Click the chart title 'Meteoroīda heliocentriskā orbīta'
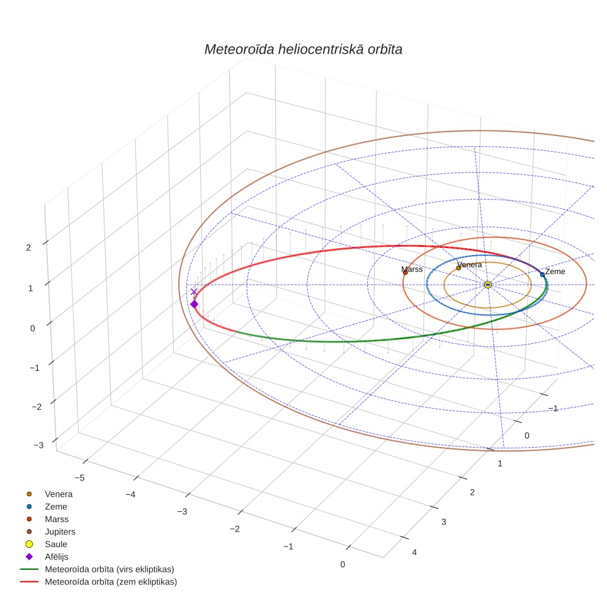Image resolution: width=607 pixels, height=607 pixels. pos(303,49)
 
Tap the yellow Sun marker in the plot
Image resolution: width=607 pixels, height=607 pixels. pos(488,285)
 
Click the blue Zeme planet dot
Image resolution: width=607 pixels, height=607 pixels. pos(542,275)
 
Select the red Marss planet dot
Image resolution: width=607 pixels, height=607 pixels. pos(406,273)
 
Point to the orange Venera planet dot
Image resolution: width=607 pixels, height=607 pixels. pos(458,268)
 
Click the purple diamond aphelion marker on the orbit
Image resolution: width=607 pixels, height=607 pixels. pos(195,304)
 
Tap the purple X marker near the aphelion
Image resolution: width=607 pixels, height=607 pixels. pos(194,292)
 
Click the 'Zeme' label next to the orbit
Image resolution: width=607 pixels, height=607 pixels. pos(555,271)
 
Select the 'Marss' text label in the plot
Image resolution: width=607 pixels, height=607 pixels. pos(412,269)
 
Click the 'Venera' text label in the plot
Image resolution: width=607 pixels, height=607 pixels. pos(470,264)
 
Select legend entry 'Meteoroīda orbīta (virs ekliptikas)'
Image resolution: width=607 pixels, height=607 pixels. pos(97,569)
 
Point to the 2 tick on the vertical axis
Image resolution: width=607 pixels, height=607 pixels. pos(28,247)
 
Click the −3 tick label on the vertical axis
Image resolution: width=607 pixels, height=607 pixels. pos(38,445)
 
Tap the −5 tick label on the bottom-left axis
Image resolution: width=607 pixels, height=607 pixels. pos(80,478)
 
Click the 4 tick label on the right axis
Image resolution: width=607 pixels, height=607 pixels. pos(414,552)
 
